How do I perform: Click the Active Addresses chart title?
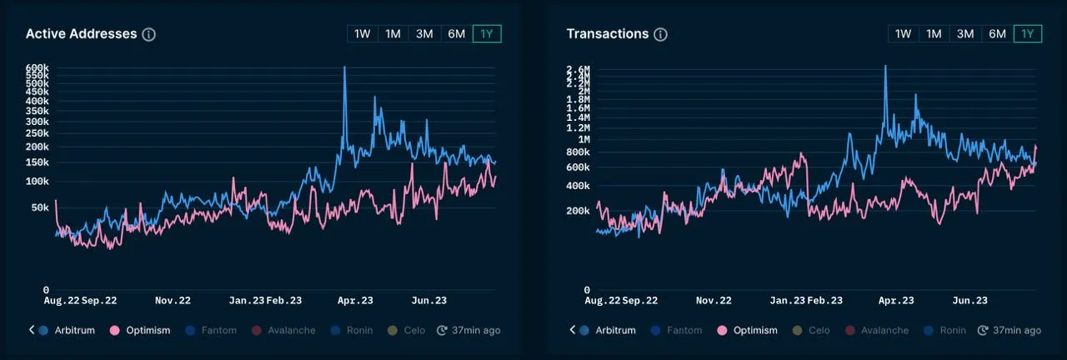(81, 34)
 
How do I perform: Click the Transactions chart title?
(607, 34)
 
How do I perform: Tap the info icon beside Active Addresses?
(149, 34)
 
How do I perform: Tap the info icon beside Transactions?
(660, 34)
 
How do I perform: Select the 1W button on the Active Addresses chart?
(363, 34)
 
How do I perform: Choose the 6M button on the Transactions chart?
(997, 34)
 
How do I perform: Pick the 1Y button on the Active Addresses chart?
(486, 34)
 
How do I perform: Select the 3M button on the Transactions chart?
(965, 34)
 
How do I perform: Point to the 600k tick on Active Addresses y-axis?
(38, 68)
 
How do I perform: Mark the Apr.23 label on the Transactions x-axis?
(897, 300)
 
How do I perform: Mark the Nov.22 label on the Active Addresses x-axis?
(173, 300)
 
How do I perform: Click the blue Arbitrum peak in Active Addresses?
(344, 67)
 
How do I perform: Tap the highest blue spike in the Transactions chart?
(885, 66)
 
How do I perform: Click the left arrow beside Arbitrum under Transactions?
(573, 330)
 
